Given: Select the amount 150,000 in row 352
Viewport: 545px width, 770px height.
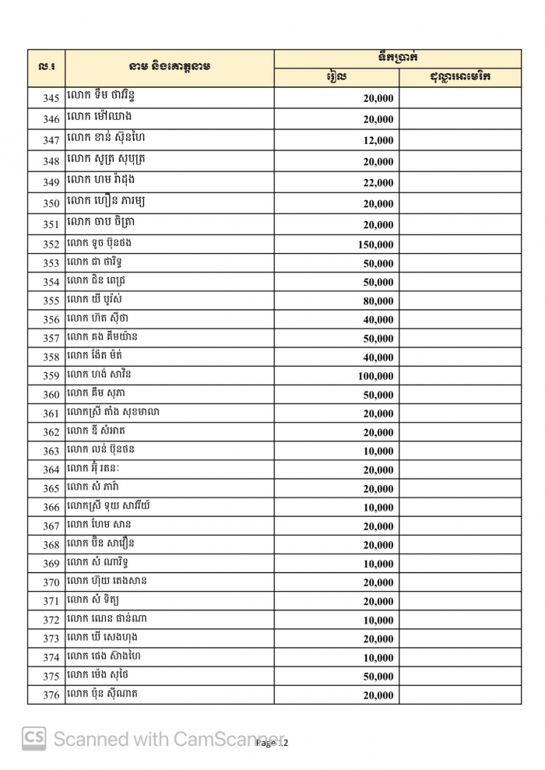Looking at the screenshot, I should click(375, 244).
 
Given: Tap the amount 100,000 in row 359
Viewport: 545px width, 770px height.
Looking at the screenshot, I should click(375, 376).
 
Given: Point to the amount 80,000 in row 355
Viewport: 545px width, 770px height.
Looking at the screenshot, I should click(378, 301).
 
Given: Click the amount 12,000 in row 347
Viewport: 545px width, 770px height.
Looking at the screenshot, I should click(378, 141).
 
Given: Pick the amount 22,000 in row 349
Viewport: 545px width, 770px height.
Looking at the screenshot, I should click(378, 183).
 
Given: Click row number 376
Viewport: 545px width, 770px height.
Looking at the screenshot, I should click(51, 695).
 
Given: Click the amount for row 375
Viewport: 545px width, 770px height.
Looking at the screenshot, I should click(378, 677).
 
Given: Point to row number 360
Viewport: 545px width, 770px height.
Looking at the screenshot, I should click(51, 395).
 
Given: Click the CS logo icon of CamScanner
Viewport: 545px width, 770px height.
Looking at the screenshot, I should click(33, 738).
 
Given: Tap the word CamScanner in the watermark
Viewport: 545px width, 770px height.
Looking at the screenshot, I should click(230, 739).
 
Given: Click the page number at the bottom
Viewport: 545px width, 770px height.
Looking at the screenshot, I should click(272, 744).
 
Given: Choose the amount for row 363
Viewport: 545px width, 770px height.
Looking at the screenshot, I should click(378, 452).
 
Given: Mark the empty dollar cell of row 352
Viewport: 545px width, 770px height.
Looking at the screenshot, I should click(460, 244).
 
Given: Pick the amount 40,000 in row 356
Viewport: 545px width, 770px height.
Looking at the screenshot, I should click(378, 320).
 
